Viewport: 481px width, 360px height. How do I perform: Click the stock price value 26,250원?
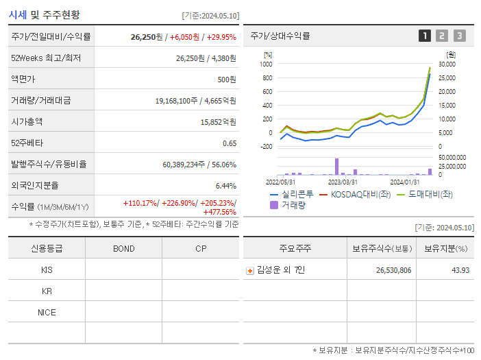[x=147, y=37]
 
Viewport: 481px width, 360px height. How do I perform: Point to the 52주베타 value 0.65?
[x=230, y=143]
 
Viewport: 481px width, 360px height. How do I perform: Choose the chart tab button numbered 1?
[x=425, y=36]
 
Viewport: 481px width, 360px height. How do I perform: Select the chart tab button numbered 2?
[x=442, y=36]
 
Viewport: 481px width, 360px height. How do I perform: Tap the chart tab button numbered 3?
[x=459, y=36]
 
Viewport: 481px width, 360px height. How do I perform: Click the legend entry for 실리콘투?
[x=293, y=194]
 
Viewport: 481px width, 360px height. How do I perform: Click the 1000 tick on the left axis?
[x=266, y=64]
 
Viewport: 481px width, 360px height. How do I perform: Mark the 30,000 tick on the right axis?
[x=447, y=64]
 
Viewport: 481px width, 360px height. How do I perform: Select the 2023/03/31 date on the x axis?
[x=343, y=182]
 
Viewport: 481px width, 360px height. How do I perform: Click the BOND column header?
[x=123, y=248]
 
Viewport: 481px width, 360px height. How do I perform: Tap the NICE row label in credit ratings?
[x=47, y=312]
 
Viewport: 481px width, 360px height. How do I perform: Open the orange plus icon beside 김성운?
[x=250, y=271]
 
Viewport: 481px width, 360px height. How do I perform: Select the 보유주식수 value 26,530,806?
[x=393, y=270]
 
